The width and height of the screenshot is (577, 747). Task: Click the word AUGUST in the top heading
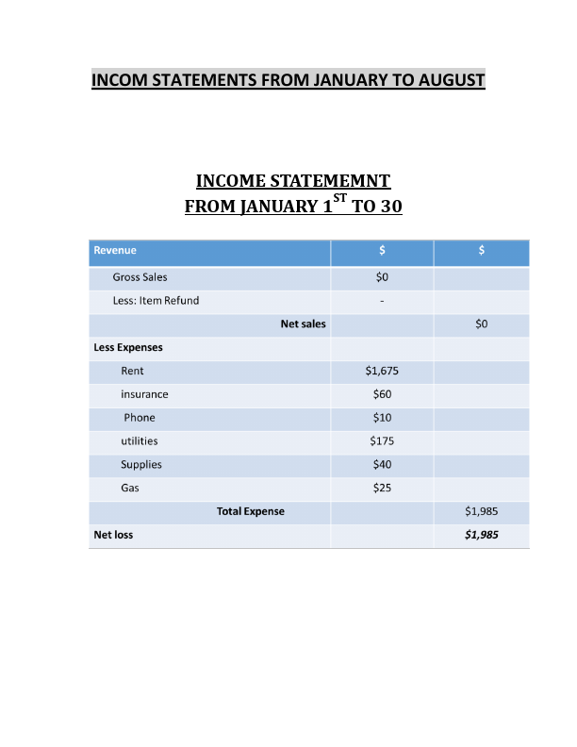pyautogui.click(x=449, y=79)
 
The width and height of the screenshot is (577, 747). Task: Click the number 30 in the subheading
pyautogui.click(x=390, y=206)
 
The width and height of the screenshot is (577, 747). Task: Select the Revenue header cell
pyautogui.click(x=115, y=251)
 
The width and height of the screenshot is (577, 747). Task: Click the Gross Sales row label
pyautogui.click(x=140, y=277)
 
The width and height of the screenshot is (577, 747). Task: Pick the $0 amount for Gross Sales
pyautogui.click(x=382, y=277)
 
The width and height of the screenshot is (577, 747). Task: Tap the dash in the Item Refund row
pyautogui.click(x=382, y=301)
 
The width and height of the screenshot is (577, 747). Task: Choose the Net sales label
pyautogui.click(x=303, y=324)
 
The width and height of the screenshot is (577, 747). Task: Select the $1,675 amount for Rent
pyautogui.click(x=382, y=371)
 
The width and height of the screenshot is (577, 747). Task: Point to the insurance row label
pyautogui.click(x=144, y=394)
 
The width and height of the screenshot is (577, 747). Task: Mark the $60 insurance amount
pyautogui.click(x=382, y=394)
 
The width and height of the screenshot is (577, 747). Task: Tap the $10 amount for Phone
pyautogui.click(x=382, y=418)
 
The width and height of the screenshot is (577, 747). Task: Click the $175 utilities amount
pyautogui.click(x=382, y=441)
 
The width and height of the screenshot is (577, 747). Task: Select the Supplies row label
pyautogui.click(x=141, y=465)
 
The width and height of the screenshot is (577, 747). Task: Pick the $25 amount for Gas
pyautogui.click(x=382, y=488)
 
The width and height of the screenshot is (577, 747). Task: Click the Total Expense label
pyautogui.click(x=251, y=511)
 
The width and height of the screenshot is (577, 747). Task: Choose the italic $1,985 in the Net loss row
pyautogui.click(x=482, y=535)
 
